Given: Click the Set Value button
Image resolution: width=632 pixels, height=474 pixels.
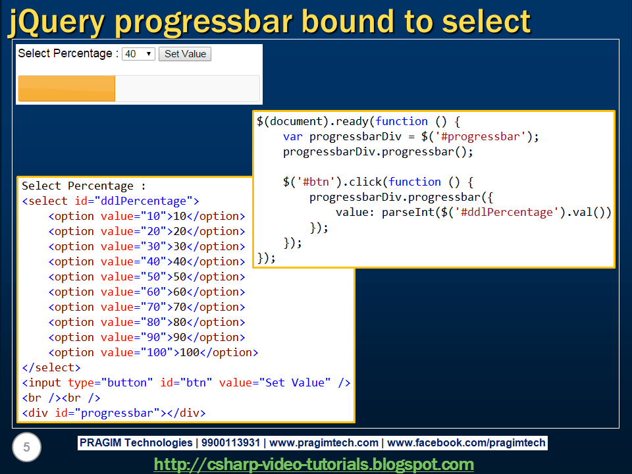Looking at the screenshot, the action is coord(185,54).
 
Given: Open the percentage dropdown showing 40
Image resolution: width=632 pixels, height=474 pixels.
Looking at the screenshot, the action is coord(139,54).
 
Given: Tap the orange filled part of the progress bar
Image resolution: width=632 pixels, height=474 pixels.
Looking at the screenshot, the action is coord(66,88).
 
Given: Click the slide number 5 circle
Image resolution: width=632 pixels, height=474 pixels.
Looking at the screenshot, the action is coord(26,447).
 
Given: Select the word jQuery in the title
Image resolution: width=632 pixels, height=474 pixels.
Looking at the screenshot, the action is coord(56,23).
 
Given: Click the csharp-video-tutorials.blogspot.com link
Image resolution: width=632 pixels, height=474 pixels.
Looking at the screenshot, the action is coord(314,464).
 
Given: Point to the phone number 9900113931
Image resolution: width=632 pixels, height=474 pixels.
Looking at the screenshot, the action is coord(230,443).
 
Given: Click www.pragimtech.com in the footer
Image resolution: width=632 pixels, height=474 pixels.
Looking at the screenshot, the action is coord(324,443).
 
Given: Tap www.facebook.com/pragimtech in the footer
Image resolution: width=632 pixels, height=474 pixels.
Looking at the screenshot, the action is coord(466,443).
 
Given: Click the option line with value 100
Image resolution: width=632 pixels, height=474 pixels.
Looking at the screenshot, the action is coord(153,353).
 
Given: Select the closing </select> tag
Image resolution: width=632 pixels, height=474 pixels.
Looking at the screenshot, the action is coord(51,367).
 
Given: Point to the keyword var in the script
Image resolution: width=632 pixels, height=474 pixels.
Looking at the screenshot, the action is coord(292,137).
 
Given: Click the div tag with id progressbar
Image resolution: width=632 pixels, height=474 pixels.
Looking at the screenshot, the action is coord(114,413).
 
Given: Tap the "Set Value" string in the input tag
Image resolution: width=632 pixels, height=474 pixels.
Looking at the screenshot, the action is coord(295,383).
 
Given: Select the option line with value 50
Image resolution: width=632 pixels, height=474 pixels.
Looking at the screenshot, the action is coord(147,277).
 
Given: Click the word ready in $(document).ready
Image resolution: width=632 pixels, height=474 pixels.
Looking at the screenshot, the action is coord(352,122).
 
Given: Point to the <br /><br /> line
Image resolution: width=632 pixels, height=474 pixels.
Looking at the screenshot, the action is coord(61,398).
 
